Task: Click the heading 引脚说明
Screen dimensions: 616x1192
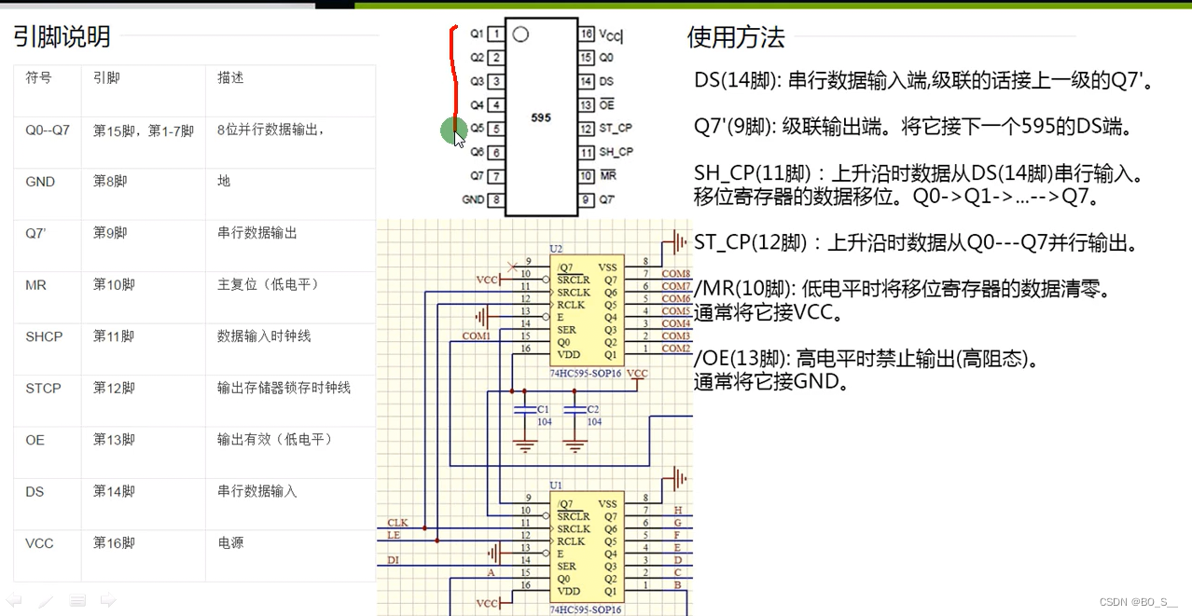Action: [x=62, y=37]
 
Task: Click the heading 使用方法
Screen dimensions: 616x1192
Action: [x=736, y=38]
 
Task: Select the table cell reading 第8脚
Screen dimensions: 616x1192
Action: [x=110, y=182]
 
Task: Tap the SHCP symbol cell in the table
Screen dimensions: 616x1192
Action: [x=44, y=336]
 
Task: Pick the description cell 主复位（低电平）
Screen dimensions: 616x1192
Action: [x=269, y=284]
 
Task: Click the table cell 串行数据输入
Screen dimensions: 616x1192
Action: [x=256, y=491]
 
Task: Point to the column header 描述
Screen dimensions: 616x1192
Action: [x=230, y=78]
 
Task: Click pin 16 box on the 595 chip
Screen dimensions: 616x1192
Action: [x=586, y=34]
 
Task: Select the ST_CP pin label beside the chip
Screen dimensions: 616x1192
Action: [x=616, y=129]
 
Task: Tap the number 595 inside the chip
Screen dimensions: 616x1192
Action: [x=541, y=118]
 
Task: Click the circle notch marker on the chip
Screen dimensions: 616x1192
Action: [x=520, y=34]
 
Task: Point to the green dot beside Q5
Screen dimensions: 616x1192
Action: [x=453, y=130]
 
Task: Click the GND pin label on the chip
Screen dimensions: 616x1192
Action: [x=473, y=199]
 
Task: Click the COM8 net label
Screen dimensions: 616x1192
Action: [x=675, y=274]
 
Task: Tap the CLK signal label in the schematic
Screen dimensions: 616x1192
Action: [x=397, y=523]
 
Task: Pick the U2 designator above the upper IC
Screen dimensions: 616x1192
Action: [x=556, y=249]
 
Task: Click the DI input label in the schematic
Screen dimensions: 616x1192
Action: [x=394, y=559]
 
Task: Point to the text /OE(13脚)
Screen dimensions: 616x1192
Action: [x=741, y=359]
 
